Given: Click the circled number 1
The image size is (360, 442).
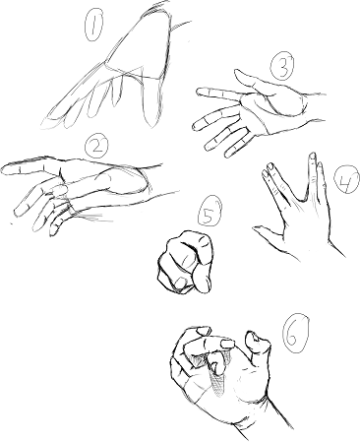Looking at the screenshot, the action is coord(94,25).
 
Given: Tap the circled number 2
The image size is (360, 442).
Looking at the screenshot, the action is coord(95,147).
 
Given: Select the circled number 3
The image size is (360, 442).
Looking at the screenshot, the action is coord(282,66).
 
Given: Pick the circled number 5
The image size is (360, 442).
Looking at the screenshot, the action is coord(210,212).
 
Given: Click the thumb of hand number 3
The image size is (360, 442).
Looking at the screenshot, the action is coord(254,83).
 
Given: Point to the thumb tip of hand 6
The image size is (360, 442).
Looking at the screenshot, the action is coord(258,342).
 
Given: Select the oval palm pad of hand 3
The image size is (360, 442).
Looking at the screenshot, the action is coord(288,100).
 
